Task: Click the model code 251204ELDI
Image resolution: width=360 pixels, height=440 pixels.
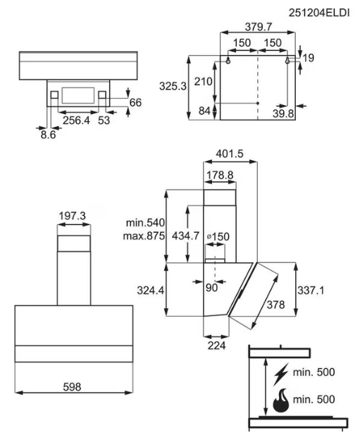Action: click(319, 13)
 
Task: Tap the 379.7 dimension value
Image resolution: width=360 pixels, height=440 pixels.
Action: click(259, 27)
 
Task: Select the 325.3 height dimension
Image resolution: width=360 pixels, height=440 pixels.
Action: click(173, 86)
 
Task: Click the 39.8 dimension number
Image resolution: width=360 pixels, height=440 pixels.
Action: click(283, 114)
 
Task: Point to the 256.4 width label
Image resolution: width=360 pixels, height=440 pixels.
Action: click(76, 121)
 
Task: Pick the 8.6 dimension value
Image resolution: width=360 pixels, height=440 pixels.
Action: click(48, 135)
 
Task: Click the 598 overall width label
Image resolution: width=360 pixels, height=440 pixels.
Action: click(72, 387)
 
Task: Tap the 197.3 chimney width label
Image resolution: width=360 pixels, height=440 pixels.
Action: click(72, 216)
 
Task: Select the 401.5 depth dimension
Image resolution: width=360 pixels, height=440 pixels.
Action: click(230, 154)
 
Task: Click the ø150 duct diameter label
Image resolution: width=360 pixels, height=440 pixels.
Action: click(218, 236)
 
